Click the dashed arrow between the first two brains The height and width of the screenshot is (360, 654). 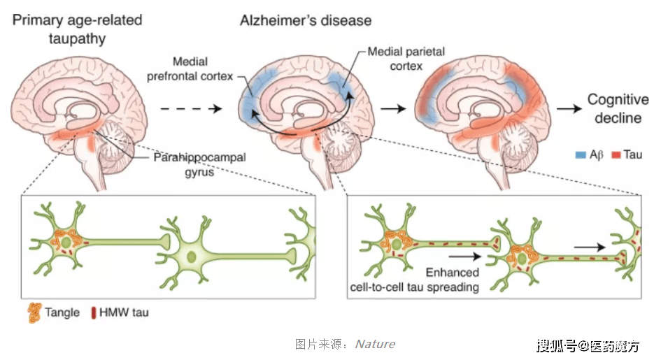pos(191,109)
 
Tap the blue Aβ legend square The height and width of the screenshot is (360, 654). pos(581,155)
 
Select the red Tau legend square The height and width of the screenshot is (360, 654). pos(616,155)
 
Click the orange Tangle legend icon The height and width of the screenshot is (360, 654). pos(34,313)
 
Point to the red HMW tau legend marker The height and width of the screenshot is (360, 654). pos(94,312)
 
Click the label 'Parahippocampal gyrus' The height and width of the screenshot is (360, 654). pos(199,164)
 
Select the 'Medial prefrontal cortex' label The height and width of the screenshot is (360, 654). pos(190,69)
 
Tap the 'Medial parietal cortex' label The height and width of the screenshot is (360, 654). pos(406,59)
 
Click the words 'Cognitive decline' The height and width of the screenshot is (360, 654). pos(618,108)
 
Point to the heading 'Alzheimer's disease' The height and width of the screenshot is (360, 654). pos(306,20)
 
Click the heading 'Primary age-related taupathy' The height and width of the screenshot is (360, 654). pos(77,29)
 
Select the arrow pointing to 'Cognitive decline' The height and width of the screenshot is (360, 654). pos(569,109)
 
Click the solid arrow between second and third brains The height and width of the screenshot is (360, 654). pos(393,109)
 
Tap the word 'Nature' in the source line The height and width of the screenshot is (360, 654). pos(375,344)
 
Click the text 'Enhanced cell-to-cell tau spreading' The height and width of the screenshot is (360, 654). pos(415,280)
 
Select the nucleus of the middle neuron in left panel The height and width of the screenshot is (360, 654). pos(192,257)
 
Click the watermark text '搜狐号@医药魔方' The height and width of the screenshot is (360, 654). pos(588,346)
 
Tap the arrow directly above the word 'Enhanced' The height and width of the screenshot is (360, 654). pos(465,256)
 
